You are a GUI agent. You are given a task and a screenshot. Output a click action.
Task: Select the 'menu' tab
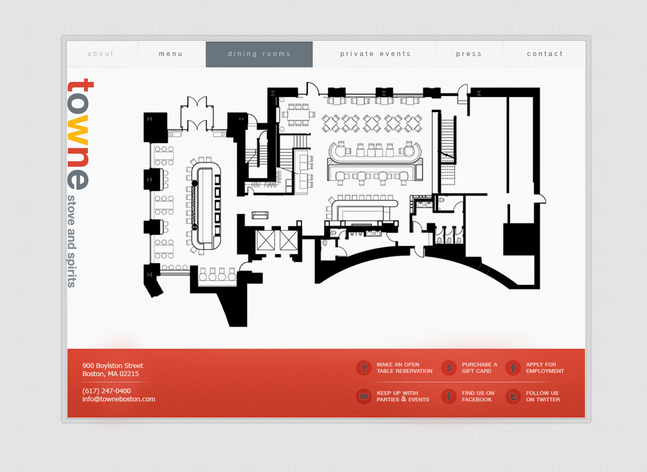171,54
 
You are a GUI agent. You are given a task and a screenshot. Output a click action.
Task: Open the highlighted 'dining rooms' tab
259,54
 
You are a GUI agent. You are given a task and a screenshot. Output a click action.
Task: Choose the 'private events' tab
375,54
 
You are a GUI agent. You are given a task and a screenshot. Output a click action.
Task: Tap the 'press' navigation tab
469,54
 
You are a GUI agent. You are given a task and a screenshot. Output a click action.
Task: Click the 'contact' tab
544,54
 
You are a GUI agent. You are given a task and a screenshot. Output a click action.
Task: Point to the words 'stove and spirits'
72,241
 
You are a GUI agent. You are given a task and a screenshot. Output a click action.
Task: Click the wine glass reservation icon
363,368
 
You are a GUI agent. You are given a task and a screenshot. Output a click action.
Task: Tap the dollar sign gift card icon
449,368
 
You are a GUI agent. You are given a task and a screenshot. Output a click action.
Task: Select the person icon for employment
513,368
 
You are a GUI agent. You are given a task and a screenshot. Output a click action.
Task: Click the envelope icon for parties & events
363,397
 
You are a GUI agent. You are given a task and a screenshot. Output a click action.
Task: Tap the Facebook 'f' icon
449,397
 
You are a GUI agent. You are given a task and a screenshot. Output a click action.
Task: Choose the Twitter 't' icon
513,397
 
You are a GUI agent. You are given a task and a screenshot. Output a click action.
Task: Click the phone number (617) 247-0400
107,391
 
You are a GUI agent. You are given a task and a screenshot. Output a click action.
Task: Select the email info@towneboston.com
119,399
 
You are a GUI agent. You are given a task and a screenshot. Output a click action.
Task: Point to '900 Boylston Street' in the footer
113,365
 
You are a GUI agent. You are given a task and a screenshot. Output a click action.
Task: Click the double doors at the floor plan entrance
197,113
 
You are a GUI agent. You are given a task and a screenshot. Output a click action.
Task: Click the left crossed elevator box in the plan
265,240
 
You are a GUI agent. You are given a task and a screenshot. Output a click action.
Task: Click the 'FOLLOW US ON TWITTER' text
543,397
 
